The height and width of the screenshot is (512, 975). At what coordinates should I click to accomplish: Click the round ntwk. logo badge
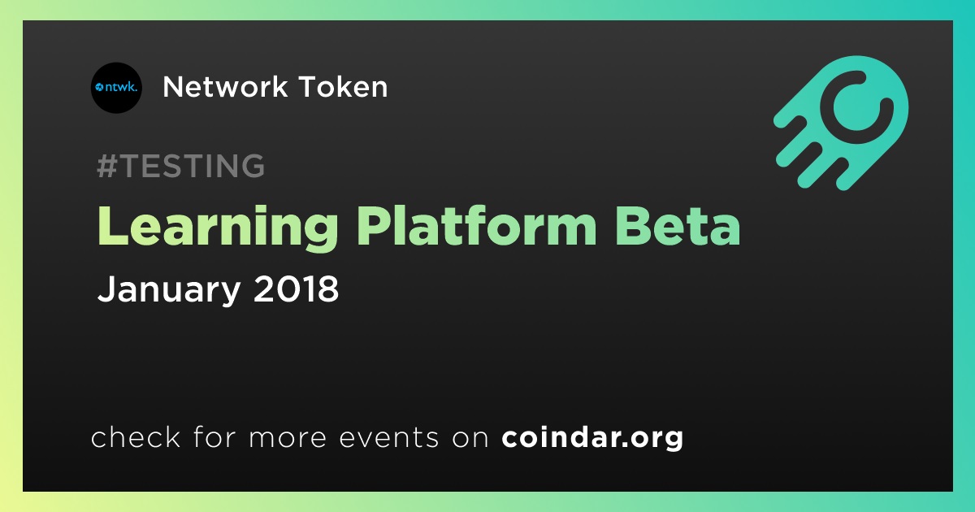tap(116, 88)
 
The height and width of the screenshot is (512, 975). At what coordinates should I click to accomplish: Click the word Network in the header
tap(225, 87)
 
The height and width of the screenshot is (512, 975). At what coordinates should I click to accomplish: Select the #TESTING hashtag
tap(180, 166)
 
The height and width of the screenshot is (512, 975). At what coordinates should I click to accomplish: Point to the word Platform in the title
tap(477, 226)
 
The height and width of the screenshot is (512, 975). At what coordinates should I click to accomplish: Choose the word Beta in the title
tap(678, 226)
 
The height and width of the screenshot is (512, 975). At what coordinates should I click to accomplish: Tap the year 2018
tap(296, 289)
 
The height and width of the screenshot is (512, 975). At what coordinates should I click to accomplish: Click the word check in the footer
tap(136, 436)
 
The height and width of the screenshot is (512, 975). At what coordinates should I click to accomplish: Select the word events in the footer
tap(389, 437)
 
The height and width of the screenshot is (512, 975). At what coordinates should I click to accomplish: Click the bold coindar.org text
tap(592, 437)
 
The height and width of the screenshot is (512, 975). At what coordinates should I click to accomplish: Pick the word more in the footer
tap(288, 438)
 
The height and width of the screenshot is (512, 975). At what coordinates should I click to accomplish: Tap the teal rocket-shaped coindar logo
tap(841, 123)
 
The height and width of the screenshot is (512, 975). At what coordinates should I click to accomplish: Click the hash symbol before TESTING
tap(107, 166)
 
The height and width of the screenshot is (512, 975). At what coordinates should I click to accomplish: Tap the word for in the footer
tap(214, 436)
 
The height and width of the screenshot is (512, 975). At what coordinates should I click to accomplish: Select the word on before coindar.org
tap(470, 438)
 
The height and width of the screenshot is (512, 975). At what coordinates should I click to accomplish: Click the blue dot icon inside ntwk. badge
tap(99, 88)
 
